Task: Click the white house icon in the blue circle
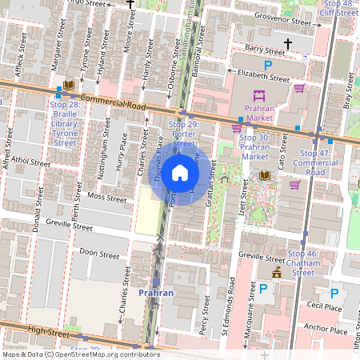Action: coord(180,173)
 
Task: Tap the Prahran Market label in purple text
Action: coord(265,113)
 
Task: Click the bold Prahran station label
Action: coord(156,293)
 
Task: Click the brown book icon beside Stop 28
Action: coord(70,84)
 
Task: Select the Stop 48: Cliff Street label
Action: coord(337,8)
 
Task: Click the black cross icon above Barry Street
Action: coord(298,42)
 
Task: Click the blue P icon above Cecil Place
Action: coord(334,293)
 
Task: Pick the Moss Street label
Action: coord(107,197)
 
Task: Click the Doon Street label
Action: coord(99,254)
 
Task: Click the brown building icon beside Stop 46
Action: coord(277,273)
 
